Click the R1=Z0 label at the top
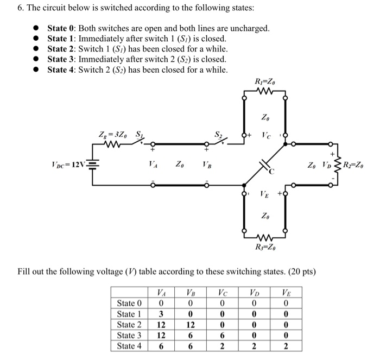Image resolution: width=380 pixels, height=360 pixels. [x=265, y=83]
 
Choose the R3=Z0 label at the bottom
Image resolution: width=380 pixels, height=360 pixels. [x=265, y=248]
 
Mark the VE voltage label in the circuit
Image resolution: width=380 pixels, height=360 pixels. [x=264, y=193]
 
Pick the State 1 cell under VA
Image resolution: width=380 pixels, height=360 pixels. [x=161, y=313]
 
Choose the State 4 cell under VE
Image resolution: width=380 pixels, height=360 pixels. [x=284, y=346]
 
